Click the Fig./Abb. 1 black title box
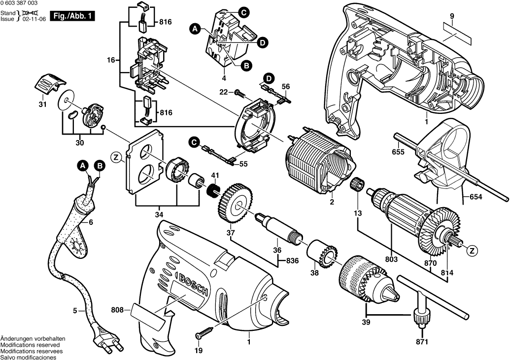[x=72, y=16]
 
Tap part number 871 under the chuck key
[x=422, y=341]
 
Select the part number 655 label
[x=398, y=152]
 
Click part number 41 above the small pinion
[x=215, y=176]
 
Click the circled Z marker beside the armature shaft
[x=472, y=251]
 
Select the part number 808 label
[x=117, y=311]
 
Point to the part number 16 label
[x=111, y=60]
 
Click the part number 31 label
[x=43, y=105]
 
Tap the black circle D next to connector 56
[x=269, y=78]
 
